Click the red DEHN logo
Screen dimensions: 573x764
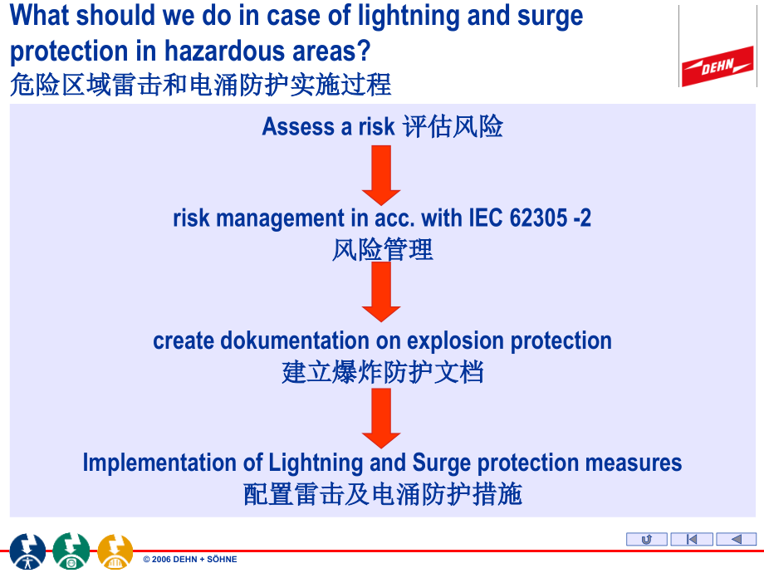point(717,66)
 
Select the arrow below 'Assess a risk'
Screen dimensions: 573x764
point(381,174)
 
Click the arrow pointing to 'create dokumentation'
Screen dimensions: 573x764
point(381,291)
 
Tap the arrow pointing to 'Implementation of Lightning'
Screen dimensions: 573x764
point(381,419)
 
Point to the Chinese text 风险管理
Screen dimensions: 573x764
point(382,249)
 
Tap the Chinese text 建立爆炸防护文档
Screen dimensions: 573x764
point(382,372)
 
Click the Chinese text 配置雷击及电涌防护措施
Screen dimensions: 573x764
point(382,494)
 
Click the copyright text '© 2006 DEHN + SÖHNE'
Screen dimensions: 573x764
point(190,560)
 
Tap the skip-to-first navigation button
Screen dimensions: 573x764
point(691,540)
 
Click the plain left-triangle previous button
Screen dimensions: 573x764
point(736,540)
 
